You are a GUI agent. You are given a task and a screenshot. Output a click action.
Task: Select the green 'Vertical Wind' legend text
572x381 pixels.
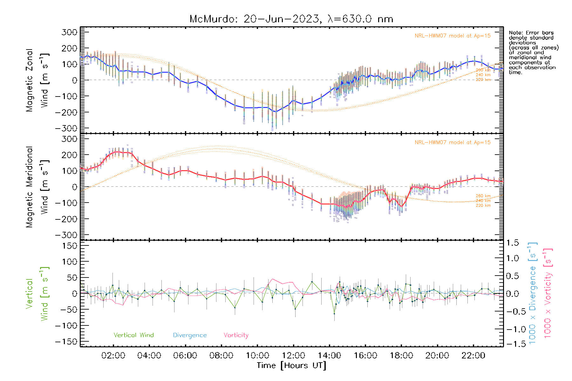click(133, 335)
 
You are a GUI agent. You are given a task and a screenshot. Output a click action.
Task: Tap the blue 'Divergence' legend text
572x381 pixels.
click(190, 335)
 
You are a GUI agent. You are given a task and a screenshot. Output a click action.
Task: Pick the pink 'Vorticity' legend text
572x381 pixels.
click(236, 335)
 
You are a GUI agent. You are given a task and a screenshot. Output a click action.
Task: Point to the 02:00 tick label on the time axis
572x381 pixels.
click(113, 356)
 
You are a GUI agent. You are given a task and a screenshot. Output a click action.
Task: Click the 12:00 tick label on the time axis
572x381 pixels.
click(293, 356)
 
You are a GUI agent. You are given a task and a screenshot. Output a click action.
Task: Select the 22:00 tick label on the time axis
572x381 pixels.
click(473, 356)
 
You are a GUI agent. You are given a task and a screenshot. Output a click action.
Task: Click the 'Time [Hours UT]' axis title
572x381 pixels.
click(291, 365)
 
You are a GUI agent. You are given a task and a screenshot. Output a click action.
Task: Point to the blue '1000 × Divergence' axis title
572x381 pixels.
click(532, 293)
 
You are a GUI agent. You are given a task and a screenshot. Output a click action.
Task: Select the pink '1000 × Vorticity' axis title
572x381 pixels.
click(548, 293)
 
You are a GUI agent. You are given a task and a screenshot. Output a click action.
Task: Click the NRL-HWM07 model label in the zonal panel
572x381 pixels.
click(453, 36)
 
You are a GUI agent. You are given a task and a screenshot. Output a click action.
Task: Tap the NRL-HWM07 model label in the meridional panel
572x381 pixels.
click(453, 143)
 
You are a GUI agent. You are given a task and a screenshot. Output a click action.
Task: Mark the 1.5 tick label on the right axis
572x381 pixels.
click(513, 243)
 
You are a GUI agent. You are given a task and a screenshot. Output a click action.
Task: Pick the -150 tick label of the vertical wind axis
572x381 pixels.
click(66, 342)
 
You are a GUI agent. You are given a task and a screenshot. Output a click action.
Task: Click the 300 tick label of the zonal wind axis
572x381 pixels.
click(70, 32)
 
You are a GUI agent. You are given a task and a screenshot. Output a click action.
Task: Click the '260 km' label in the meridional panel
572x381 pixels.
click(483, 196)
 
